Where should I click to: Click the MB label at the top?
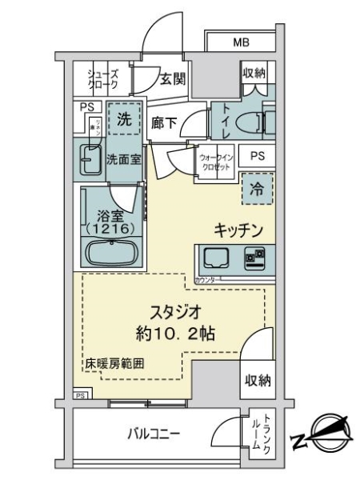[x=241, y=42]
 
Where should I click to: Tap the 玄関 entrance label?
[x=171, y=78]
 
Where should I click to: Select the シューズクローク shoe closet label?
[x=102, y=78]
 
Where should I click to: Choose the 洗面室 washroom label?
[x=124, y=158]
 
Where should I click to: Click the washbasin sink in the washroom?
[x=88, y=158]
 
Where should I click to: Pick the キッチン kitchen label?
[x=238, y=230]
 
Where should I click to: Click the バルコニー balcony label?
[x=154, y=435]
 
